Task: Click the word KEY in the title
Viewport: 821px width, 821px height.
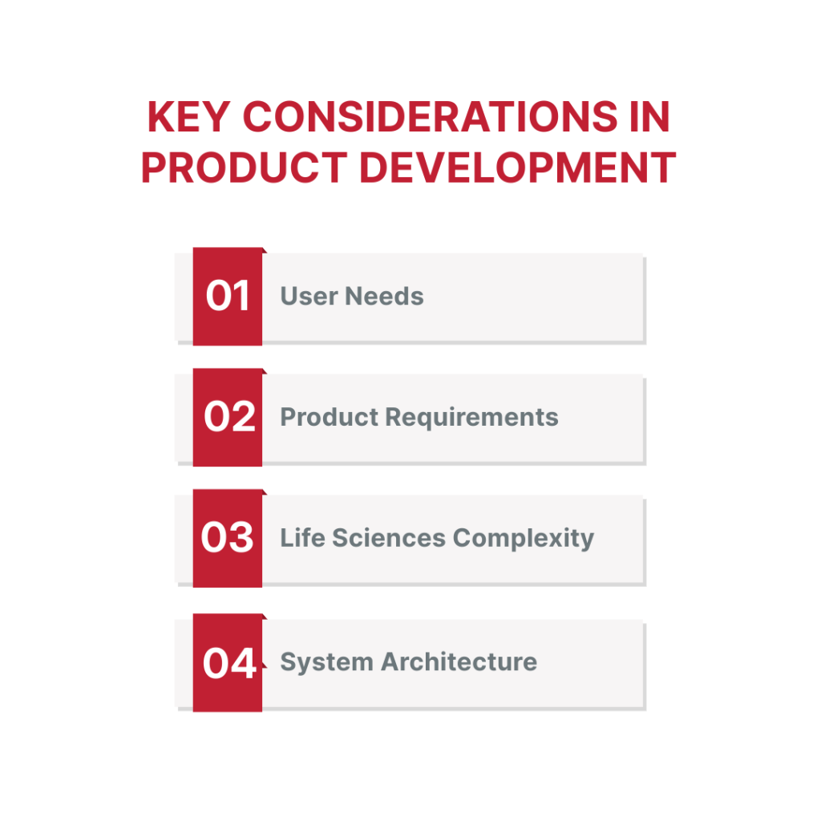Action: tap(188, 116)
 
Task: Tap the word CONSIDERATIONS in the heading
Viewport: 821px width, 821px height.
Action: tap(431, 116)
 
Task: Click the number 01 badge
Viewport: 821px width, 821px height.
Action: tap(227, 297)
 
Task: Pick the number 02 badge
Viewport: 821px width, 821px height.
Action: tap(227, 417)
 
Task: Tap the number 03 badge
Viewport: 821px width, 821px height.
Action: tap(227, 538)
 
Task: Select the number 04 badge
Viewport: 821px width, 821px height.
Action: tap(227, 662)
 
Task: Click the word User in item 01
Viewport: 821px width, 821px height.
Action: tap(309, 297)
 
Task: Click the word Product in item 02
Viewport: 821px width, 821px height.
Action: tap(330, 417)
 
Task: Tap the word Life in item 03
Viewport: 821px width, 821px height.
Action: tap(302, 538)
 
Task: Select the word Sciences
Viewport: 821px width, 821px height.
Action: tap(389, 538)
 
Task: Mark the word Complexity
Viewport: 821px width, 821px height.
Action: tap(524, 539)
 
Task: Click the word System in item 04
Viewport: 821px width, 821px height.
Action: tap(327, 663)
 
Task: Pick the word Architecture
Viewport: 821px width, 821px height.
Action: tap(459, 661)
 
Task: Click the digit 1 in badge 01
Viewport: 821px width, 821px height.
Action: tap(241, 296)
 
